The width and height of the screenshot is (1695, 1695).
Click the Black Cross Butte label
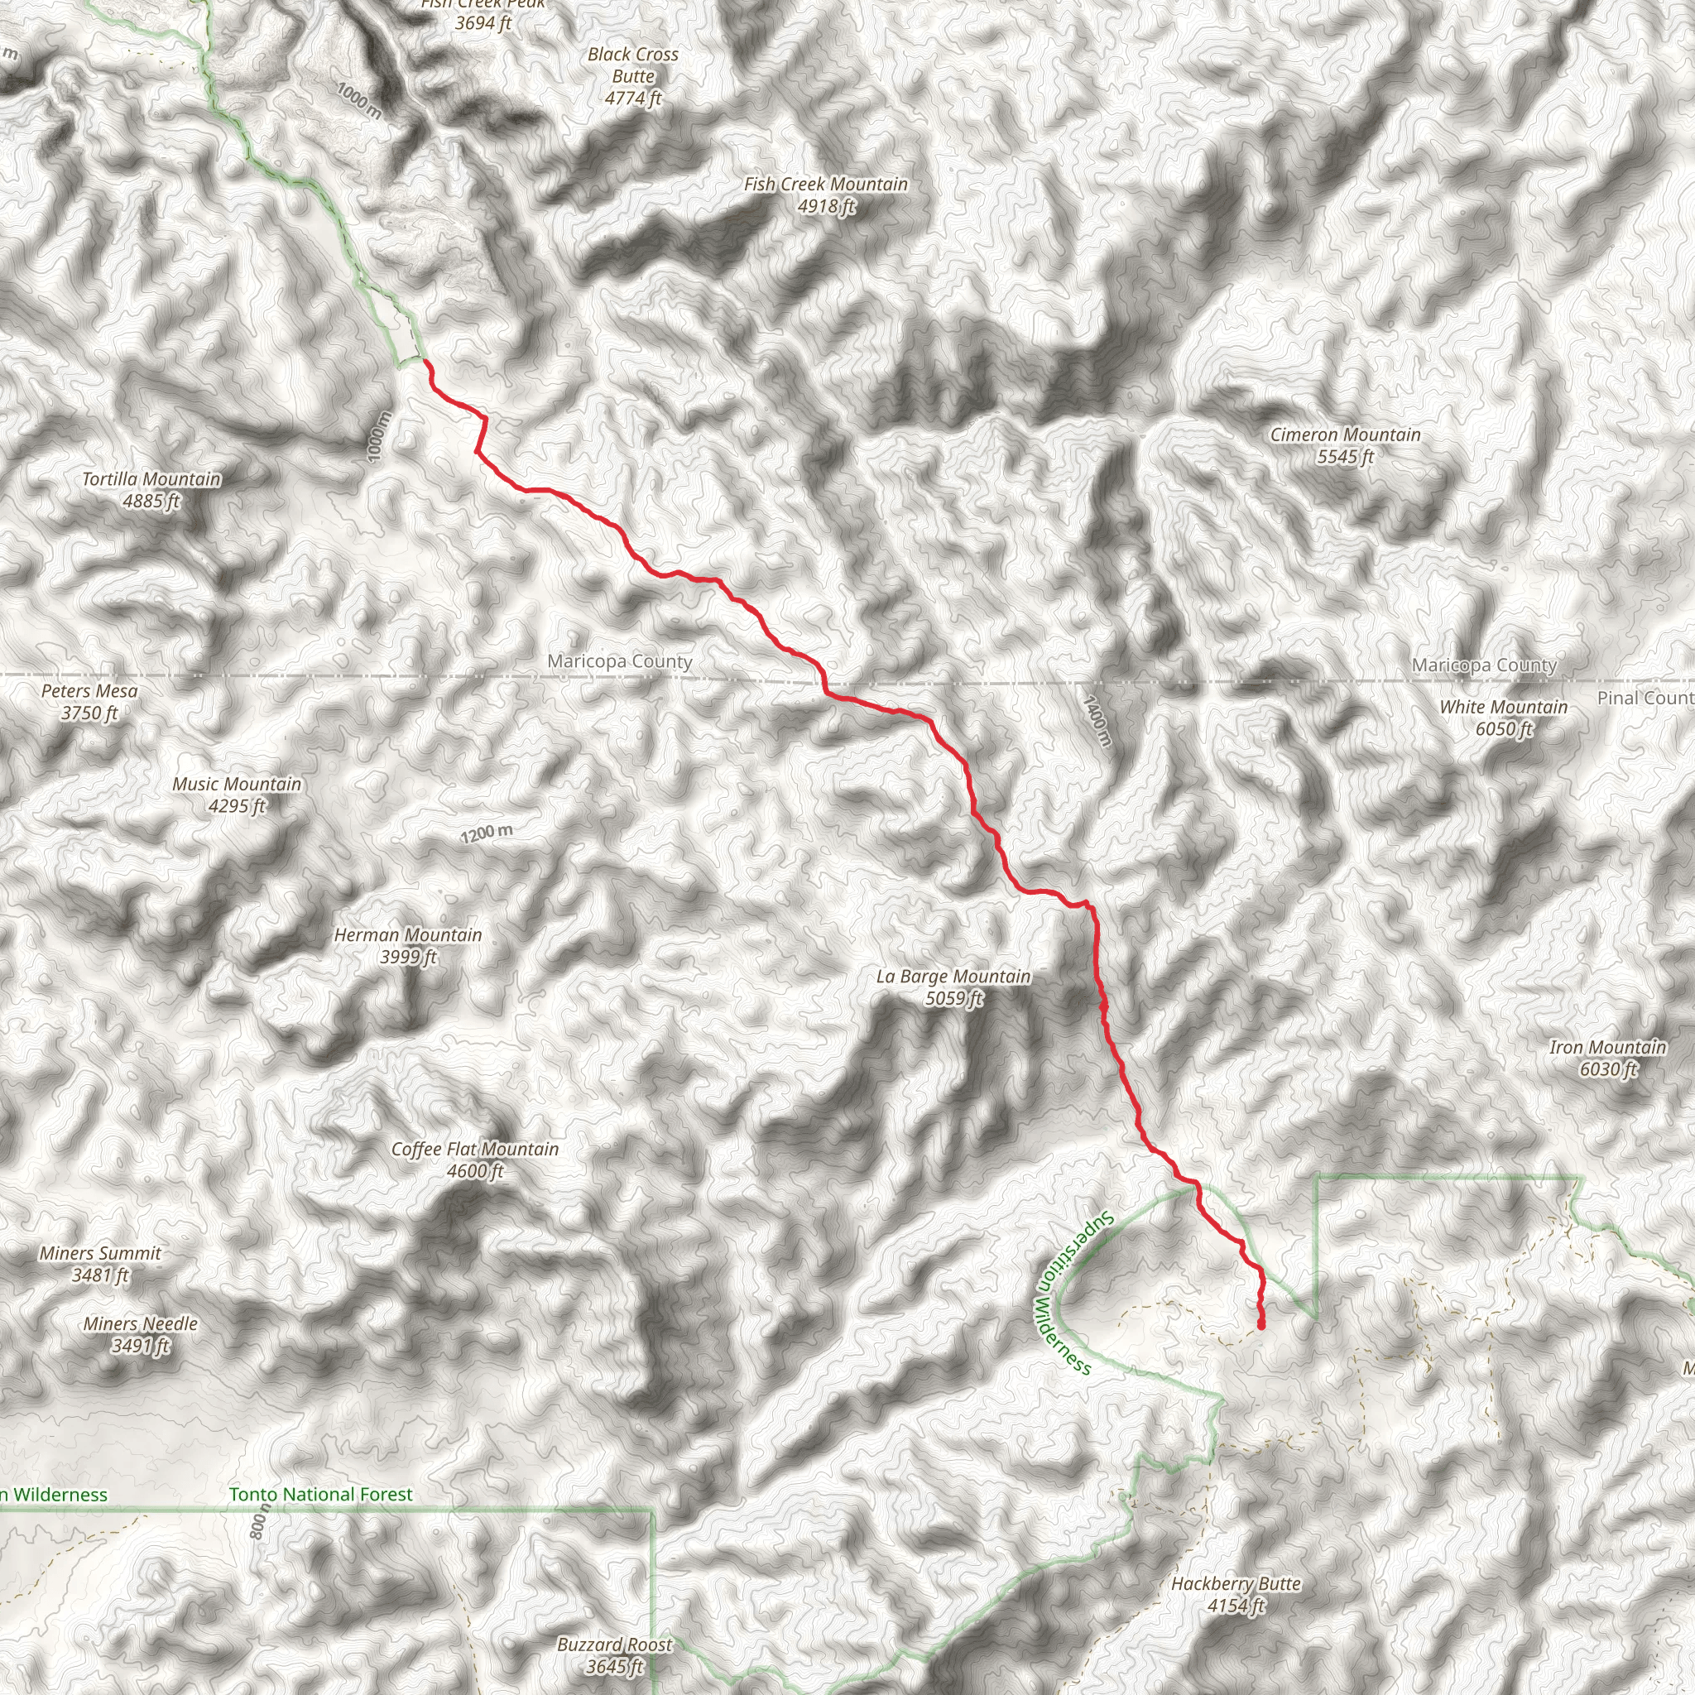[x=632, y=76]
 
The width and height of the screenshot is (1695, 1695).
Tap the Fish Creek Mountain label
[x=825, y=194]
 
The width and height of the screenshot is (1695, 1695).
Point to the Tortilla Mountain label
[x=151, y=490]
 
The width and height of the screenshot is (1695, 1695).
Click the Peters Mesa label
[x=89, y=702]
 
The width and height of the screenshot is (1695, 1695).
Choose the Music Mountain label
[x=237, y=795]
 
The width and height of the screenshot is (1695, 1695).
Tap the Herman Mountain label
[x=408, y=946]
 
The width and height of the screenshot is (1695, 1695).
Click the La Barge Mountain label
[x=953, y=987]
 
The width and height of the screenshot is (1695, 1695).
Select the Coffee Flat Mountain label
[x=474, y=1160]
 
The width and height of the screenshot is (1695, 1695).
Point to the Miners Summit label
[x=100, y=1263]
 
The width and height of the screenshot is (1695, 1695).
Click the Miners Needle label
[x=141, y=1333]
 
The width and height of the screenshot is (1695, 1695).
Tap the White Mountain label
[x=1503, y=718]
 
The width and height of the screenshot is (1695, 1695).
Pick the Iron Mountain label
[x=1607, y=1057]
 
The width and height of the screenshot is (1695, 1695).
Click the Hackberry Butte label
[x=1236, y=1594]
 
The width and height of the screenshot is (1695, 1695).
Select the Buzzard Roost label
[x=614, y=1654]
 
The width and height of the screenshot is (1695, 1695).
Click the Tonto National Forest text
[x=320, y=1494]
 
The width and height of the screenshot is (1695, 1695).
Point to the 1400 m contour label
[x=1097, y=721]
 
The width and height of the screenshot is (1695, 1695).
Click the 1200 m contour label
[x=487, y=833]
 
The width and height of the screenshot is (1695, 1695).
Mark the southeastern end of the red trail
[x=1260, y=1326]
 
